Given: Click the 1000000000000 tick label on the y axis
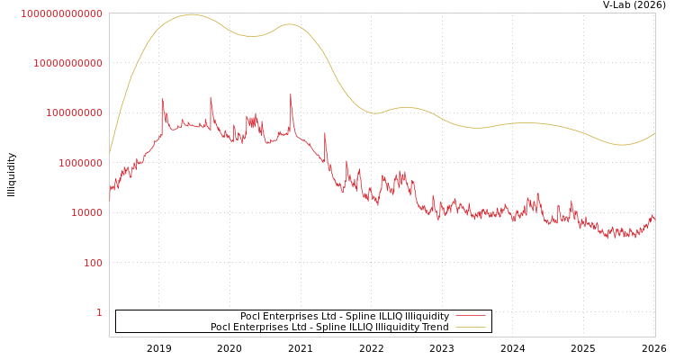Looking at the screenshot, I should pos(61,13).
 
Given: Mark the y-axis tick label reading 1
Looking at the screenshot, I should pos(99,312).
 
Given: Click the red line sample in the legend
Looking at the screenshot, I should pos(471,316).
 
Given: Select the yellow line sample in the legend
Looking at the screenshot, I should pos(471,327).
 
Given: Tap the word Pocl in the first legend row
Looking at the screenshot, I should pos(250,316).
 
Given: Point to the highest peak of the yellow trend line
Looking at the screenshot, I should pos(191,14).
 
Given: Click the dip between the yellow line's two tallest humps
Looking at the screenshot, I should pos(255,36).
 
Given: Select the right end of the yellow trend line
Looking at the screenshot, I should pos(654,133).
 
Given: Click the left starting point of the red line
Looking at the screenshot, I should pos(110,191).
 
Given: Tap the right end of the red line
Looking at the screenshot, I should pos(654,217).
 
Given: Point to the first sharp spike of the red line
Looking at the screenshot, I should pos(162,99).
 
